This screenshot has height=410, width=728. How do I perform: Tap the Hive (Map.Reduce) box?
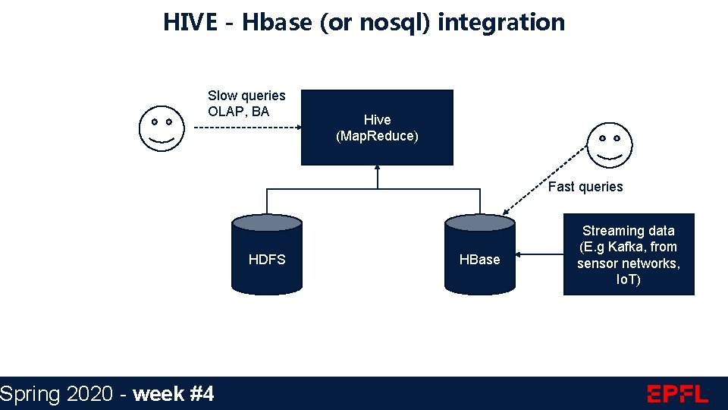click(377, 128)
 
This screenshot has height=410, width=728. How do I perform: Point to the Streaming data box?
click(629, 254)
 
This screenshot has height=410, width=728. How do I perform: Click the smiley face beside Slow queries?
click(161, 128)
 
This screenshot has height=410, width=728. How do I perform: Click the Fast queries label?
click(585, 187)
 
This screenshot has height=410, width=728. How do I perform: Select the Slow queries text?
click(246, 96)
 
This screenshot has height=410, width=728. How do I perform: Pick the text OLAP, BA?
click(238, 112)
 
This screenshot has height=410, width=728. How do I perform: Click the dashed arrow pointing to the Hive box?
click(246, 128)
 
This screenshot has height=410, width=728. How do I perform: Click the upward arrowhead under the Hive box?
click(377, 171)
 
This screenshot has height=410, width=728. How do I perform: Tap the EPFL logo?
click(677, 393)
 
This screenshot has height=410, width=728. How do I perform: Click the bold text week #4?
click(173, 393)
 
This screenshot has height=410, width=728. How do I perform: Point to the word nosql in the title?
click(388, 22)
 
